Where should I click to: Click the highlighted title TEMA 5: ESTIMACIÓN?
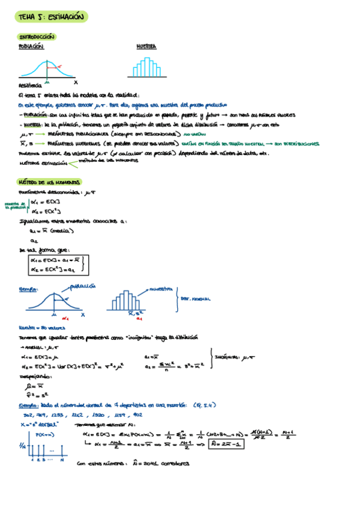52,17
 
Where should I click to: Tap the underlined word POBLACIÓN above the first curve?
31,46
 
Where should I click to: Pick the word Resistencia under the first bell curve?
31,86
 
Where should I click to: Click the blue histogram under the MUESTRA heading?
146,67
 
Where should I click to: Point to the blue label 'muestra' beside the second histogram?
161,289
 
